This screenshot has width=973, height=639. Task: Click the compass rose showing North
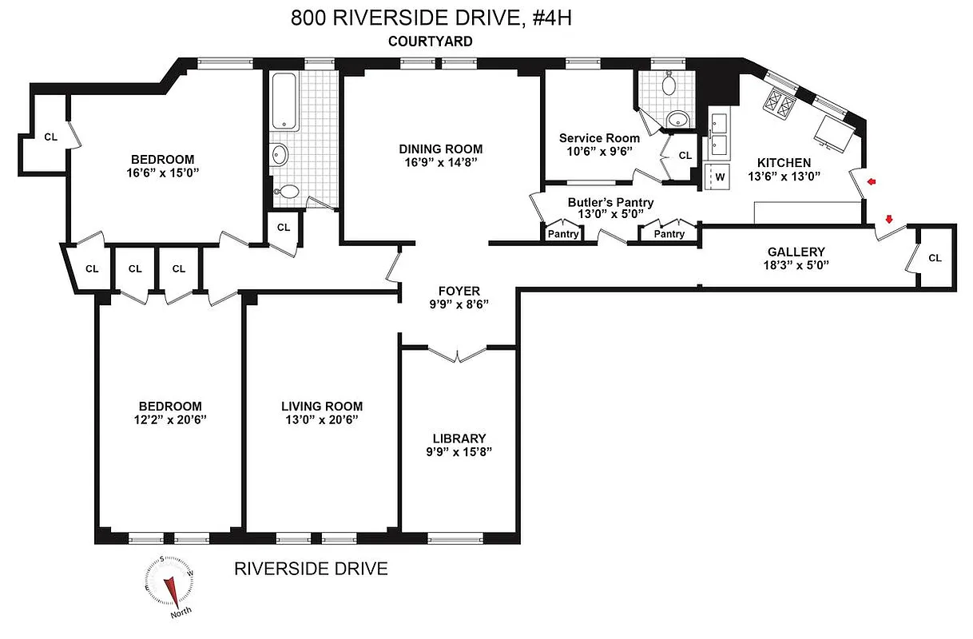coord(169,585)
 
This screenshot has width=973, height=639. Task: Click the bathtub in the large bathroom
coord(285,101)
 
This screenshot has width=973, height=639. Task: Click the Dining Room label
coord(441,149)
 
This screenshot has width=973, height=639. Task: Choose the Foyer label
coord(459,291)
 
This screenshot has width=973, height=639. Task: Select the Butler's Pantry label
coord(610,202)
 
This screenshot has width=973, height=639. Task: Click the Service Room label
coord(599,137)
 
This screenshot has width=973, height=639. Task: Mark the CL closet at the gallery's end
coord(935,258)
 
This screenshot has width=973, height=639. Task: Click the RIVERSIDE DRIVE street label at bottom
coord(311,569)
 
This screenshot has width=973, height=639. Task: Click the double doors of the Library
coord(456,353)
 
